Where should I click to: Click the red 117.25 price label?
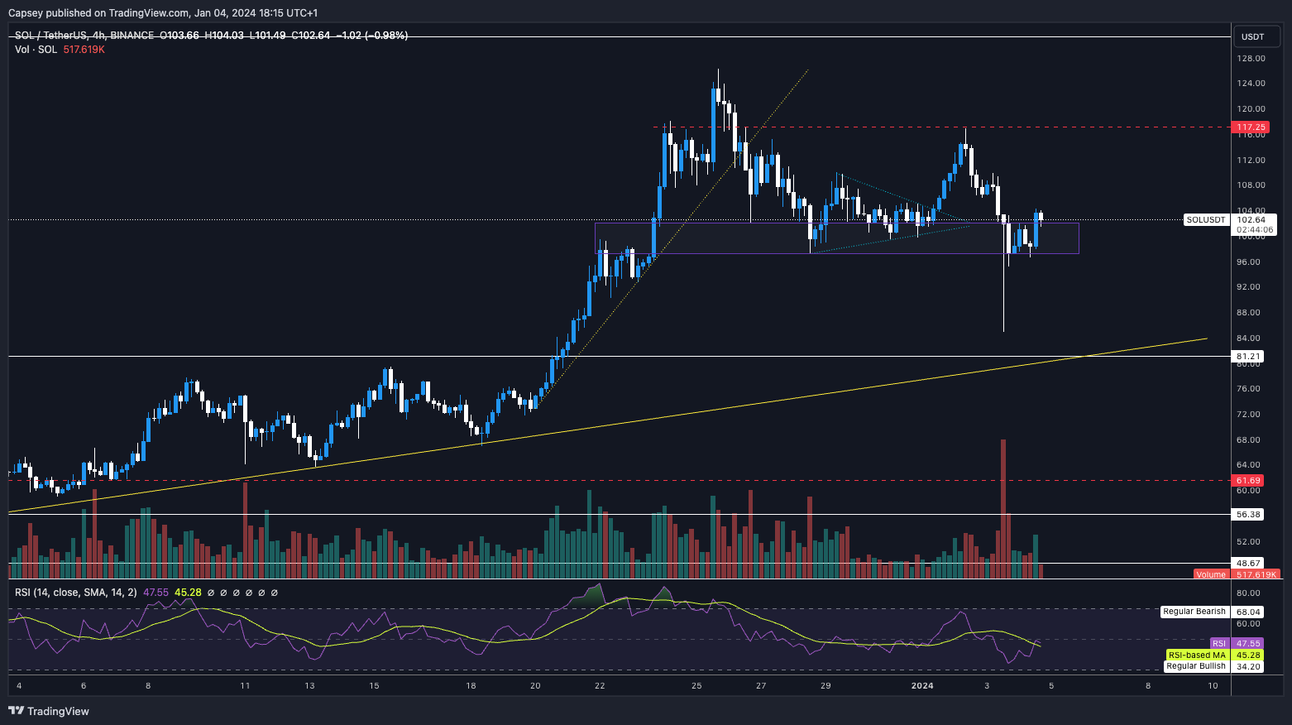1250,127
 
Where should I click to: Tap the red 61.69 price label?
1248,481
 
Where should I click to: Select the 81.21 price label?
1248,357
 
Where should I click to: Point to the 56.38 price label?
1248,515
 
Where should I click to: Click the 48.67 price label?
1248,564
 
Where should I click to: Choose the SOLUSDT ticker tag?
1205,220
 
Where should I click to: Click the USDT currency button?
1253,36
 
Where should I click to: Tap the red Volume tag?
1211,574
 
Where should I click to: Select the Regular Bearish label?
1194,612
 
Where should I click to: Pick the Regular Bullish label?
1195,666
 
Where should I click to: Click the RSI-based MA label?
1196,655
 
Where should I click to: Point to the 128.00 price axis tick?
1251,59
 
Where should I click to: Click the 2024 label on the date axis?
921,685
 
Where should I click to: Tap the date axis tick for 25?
696,685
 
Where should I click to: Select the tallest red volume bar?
1003,508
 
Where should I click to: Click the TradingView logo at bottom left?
49,711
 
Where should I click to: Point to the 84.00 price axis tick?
1250,338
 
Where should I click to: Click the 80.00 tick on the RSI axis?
1248,593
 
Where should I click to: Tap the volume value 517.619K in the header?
84,50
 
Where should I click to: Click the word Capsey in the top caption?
25,13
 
